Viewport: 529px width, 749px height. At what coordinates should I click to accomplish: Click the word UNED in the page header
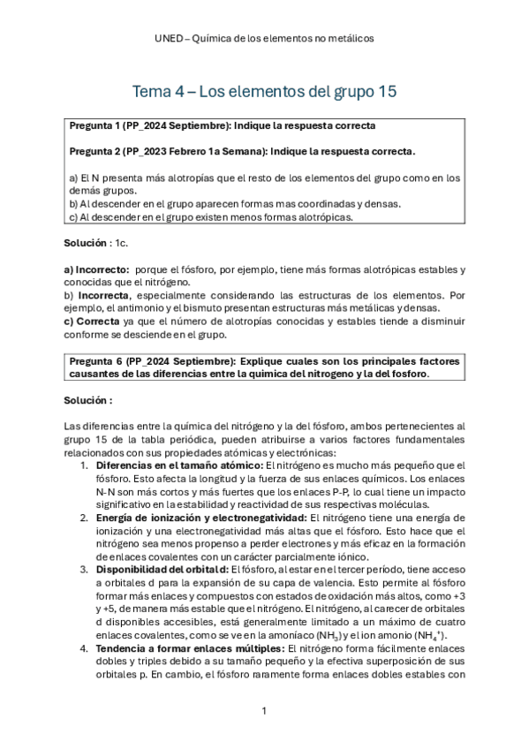169,39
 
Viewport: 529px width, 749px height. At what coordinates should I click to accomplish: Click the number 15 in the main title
384,91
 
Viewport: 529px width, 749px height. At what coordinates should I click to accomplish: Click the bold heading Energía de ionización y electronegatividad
201,517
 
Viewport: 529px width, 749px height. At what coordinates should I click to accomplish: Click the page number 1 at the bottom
264,711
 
